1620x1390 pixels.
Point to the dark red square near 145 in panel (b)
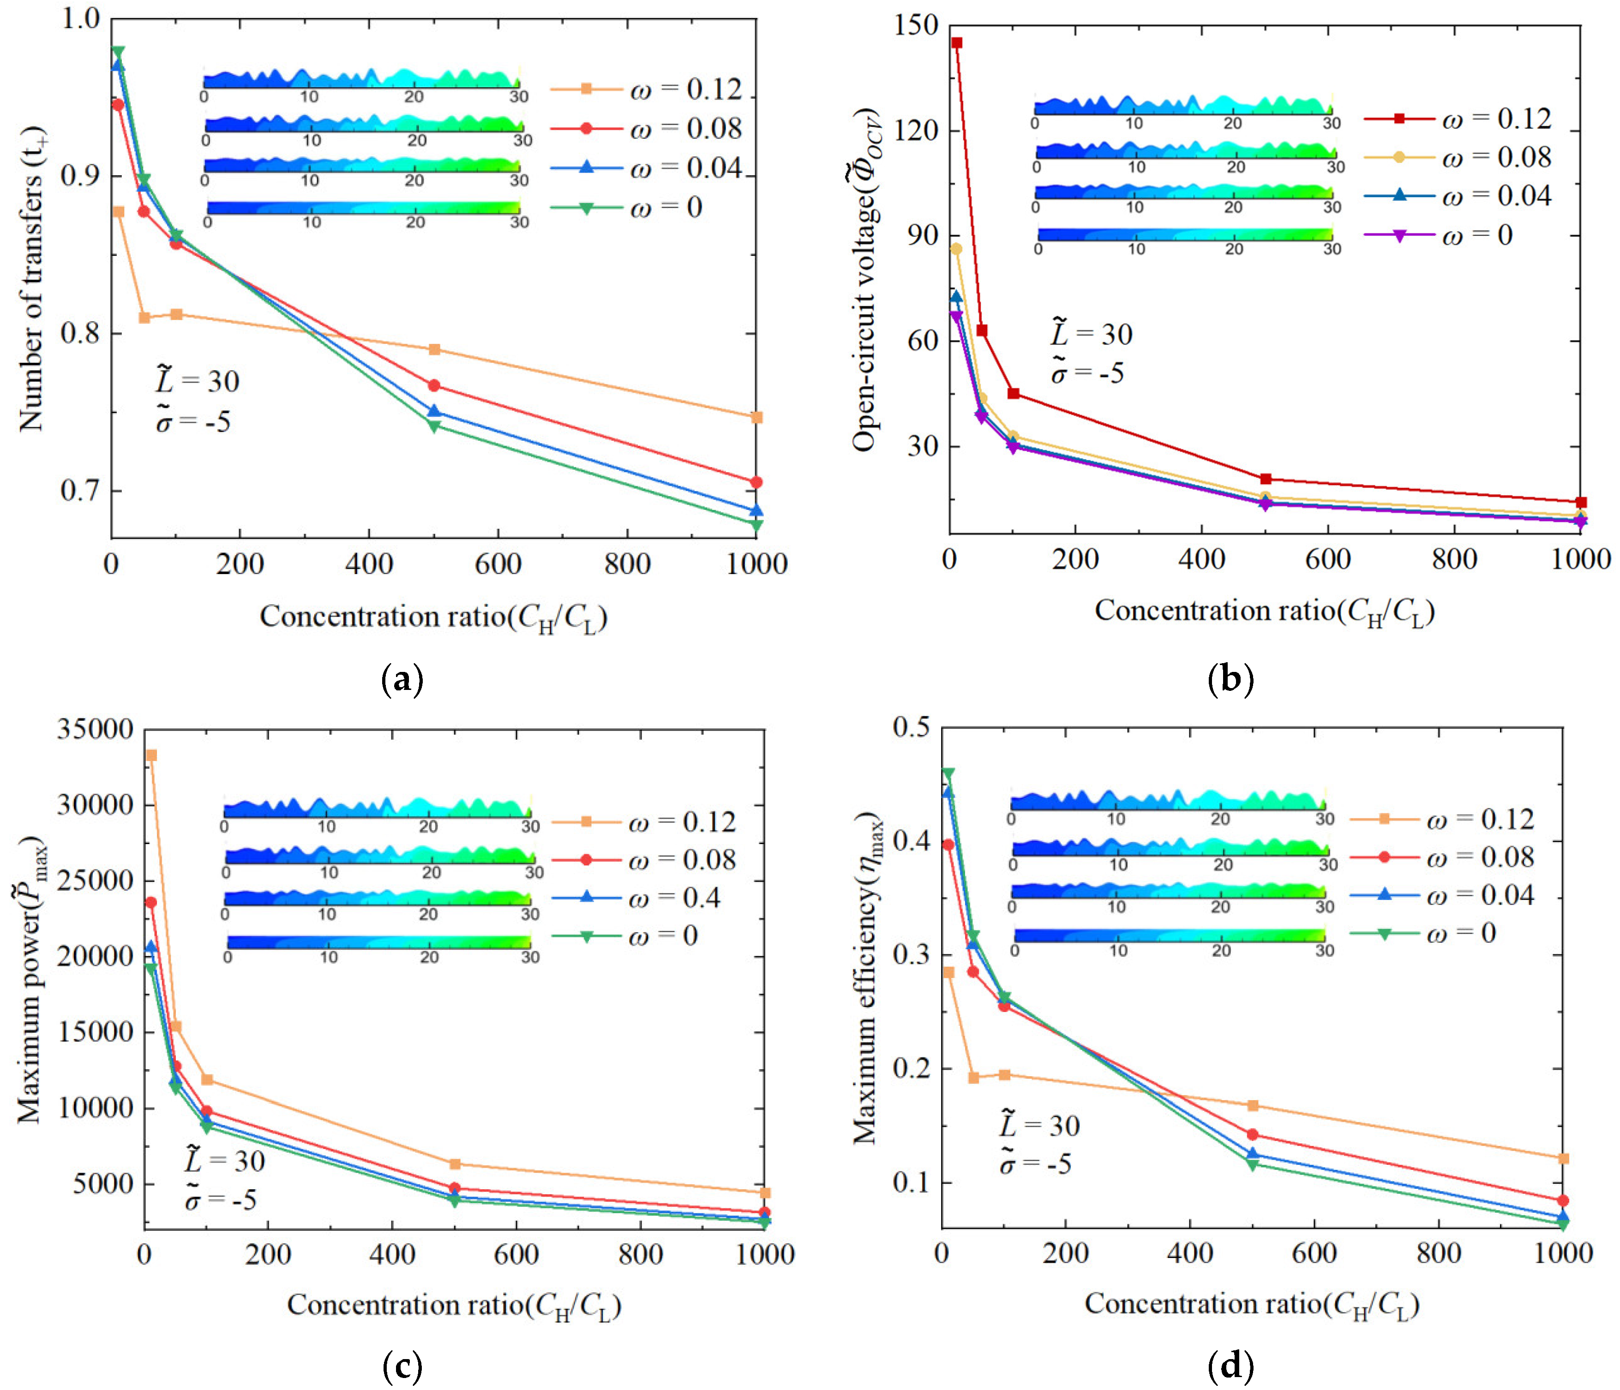click(956, 43)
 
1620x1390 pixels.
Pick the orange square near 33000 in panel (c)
click(151, 755)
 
